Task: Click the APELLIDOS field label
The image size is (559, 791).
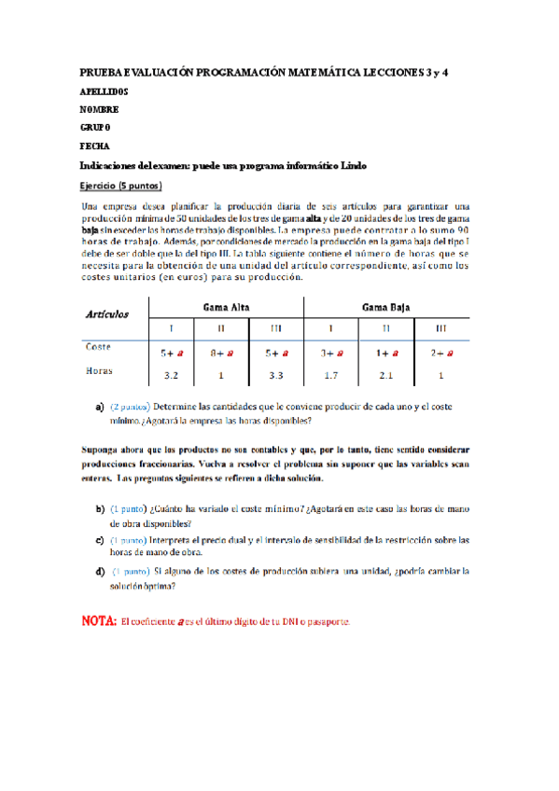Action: [x=105, y=92]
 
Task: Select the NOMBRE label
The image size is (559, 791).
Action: [x=100, y=110]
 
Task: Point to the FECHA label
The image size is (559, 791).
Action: [x=96, y=146]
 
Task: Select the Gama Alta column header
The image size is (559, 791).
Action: [x=226, y=307]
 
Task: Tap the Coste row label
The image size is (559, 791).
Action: [x=99, y=347]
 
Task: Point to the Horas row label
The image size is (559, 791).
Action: [x=99, y=369]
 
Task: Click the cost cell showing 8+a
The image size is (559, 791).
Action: [x=222, y=354]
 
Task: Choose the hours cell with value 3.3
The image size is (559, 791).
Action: [x=276, y=375]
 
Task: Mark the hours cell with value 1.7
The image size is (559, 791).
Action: [x=330, y=375]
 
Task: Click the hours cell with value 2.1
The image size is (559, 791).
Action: [x=386, y=375]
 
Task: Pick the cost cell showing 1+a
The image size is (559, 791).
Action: [x=386, y=354]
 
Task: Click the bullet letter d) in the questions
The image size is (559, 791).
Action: [x=100, y=570]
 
